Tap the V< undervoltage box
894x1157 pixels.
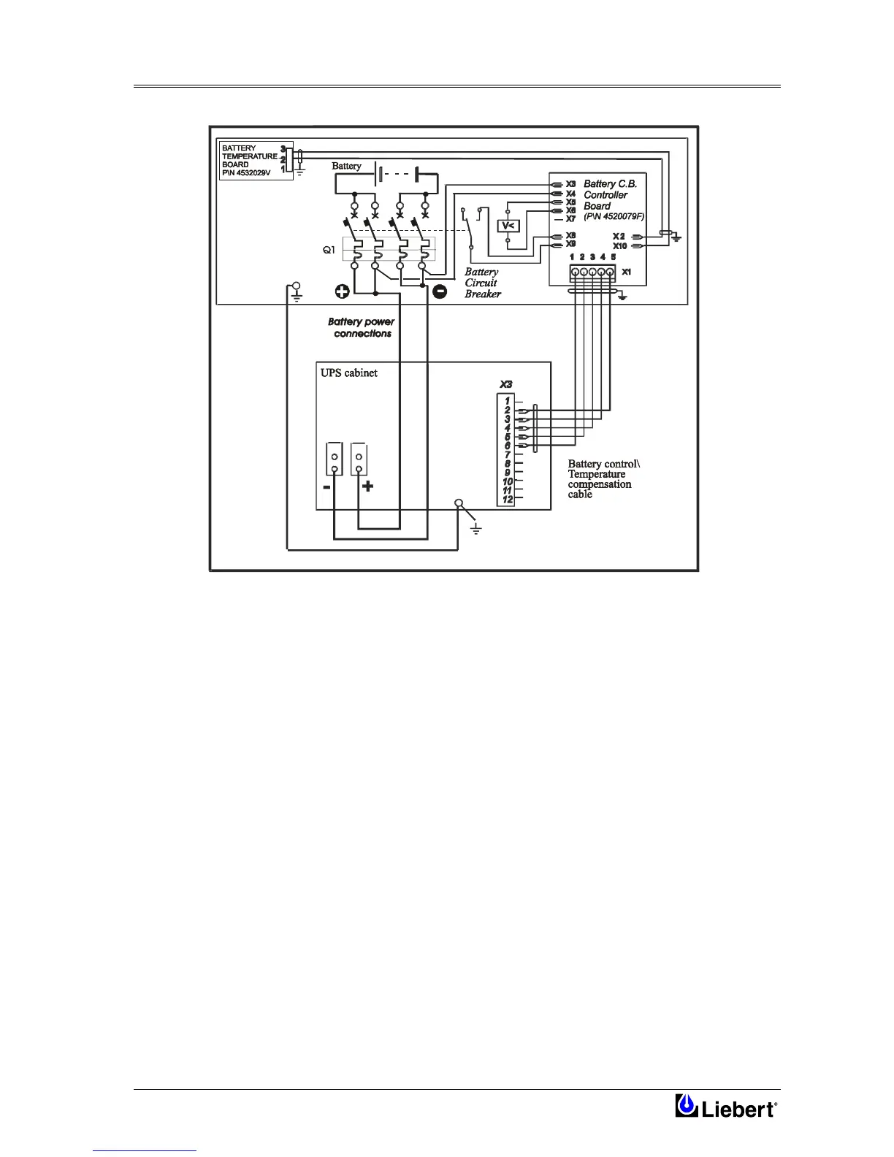508,226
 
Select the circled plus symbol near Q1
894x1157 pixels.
342,291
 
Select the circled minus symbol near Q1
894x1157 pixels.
440,291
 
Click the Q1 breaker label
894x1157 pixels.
329,250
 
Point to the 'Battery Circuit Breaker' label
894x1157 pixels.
483,283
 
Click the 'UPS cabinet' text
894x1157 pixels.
349,373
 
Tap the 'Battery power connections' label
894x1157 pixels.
362,327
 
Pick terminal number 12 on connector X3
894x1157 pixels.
507,500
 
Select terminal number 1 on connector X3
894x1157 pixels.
507,401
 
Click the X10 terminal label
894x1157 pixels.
619,246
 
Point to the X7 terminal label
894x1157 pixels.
570,218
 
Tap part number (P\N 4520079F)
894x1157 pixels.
614,216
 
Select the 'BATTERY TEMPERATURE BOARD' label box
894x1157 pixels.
250,161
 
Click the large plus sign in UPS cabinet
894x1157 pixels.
367,486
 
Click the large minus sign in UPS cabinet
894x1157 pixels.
326,486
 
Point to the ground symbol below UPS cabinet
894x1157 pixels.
476,528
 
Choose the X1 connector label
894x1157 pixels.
627,272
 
